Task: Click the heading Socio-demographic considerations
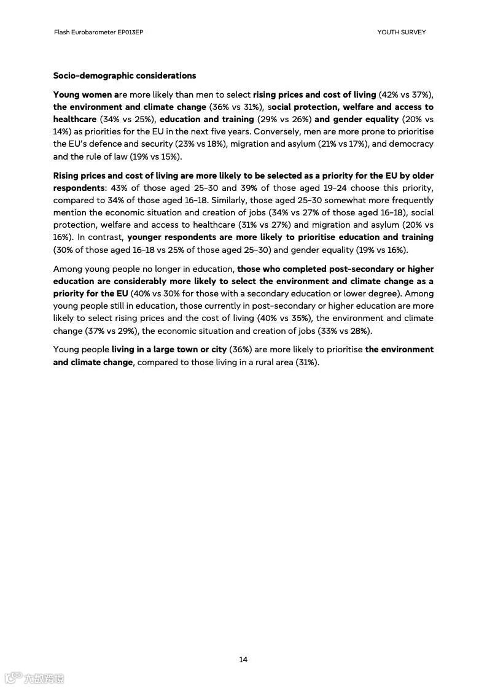125,75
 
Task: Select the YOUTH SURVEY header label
401,32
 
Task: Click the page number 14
243,660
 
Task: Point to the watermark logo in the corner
34,678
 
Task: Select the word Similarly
230,200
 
